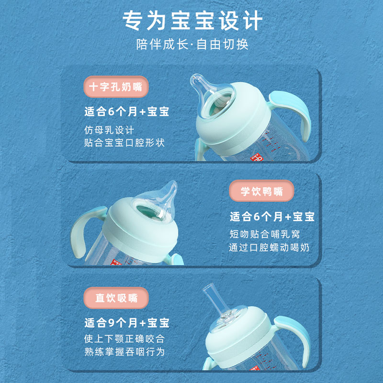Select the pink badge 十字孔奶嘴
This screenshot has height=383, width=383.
[116, 87]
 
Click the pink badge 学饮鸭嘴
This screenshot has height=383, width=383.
[261, 192]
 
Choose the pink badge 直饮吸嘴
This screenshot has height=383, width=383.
[116, 297]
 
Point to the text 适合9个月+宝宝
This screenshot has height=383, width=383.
[127, 322]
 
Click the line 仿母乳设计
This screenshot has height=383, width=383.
[109, 130]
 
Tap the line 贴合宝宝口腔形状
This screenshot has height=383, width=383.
[127, 143]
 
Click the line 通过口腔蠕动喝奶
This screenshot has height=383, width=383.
[269, 248]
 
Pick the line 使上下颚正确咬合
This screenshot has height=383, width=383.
[124, 339]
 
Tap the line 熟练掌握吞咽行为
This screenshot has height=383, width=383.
[124, 352]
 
